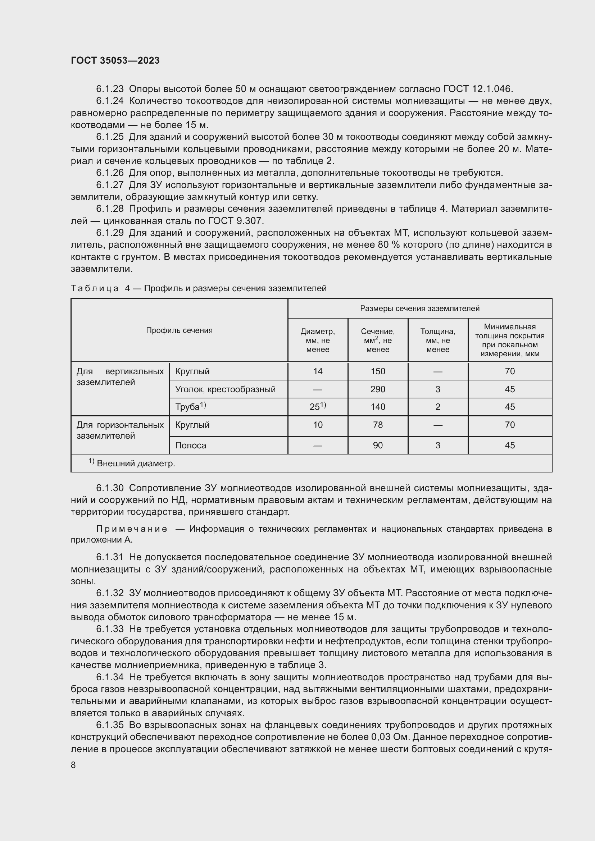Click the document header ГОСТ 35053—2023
[115, 60]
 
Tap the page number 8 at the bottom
[73, 765]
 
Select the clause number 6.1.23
[110, 89]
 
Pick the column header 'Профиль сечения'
[179, 330]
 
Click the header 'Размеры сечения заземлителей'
[419, 308]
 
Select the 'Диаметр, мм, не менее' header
[318, 340]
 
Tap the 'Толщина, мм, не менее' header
[437, 340]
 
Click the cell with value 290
[378, 389]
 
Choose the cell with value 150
[378, 371]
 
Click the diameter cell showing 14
[318, 371]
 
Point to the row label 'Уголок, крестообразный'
[225, 389]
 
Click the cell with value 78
[378, 425]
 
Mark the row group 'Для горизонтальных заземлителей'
[120, 430]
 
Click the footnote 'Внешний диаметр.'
[136, 464]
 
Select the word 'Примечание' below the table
[132, 529]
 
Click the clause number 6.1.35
[110, 725]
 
